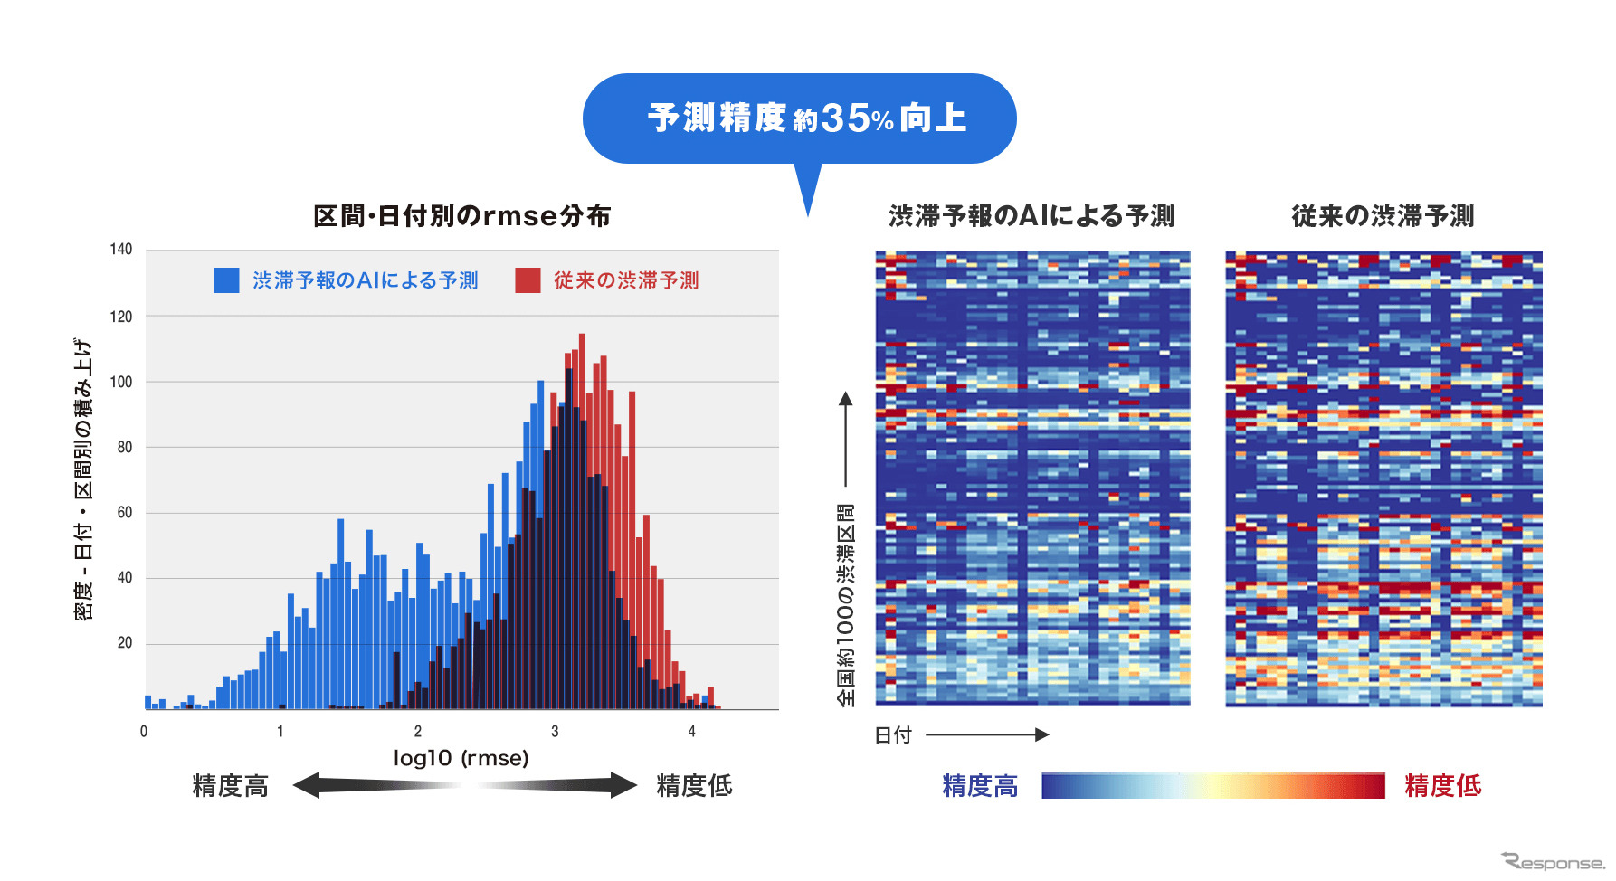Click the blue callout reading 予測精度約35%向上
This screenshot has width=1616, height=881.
click(800, 118)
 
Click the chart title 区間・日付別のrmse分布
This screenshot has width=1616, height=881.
click(461, 216)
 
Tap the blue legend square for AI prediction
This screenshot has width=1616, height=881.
click(226, 280)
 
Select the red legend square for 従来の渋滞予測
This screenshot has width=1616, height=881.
click(528, 280)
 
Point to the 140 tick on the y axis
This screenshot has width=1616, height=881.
click(121, 250)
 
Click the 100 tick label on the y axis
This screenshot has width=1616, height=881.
click(121, 382)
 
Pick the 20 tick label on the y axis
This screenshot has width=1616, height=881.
click(124, 643)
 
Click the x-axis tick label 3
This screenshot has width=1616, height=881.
click(555, 731)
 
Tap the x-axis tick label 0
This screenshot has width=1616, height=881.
click(144, 731)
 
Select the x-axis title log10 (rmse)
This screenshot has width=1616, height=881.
click(461, 758)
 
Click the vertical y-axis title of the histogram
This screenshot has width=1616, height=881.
click(83, 479)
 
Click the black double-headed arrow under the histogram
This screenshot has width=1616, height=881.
click(465, 785)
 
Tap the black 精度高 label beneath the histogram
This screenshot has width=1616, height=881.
click(231, 786)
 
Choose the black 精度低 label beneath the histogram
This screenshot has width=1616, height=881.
click(694, 786)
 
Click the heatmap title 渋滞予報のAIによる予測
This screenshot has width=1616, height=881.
click(1031, 216)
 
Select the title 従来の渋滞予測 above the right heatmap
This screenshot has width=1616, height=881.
click(1383, 216)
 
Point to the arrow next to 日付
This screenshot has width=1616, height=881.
click(986, 734)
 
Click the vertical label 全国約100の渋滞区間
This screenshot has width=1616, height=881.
click(845, 604)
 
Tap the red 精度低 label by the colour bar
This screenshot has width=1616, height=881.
click(1442, 786)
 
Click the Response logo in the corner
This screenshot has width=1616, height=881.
click(1553, 862)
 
